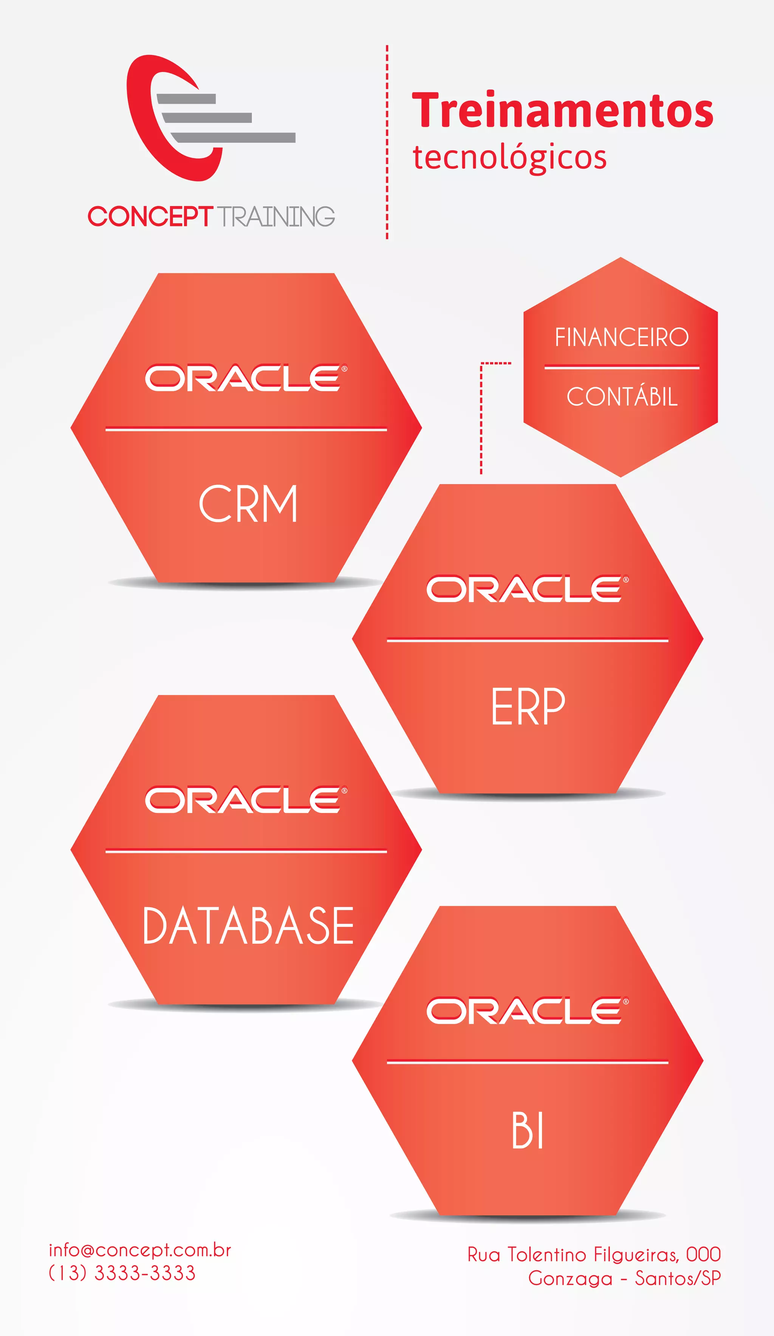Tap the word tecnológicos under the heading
pos(509,158)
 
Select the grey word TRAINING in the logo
pos(276,216)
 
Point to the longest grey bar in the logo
pos(234,138)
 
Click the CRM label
pos(248,504)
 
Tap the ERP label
pos(528,706)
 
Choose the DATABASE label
pos(248,926)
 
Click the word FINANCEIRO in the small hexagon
pos(621,337)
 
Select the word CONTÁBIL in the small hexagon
pos(622,397)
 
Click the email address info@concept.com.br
pos(139,1250)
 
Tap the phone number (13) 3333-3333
pos(122,1273)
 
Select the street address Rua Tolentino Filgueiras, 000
pos(594,1254)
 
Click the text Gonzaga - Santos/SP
pos(624,1278)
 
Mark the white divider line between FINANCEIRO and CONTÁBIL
pos(621,367)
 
